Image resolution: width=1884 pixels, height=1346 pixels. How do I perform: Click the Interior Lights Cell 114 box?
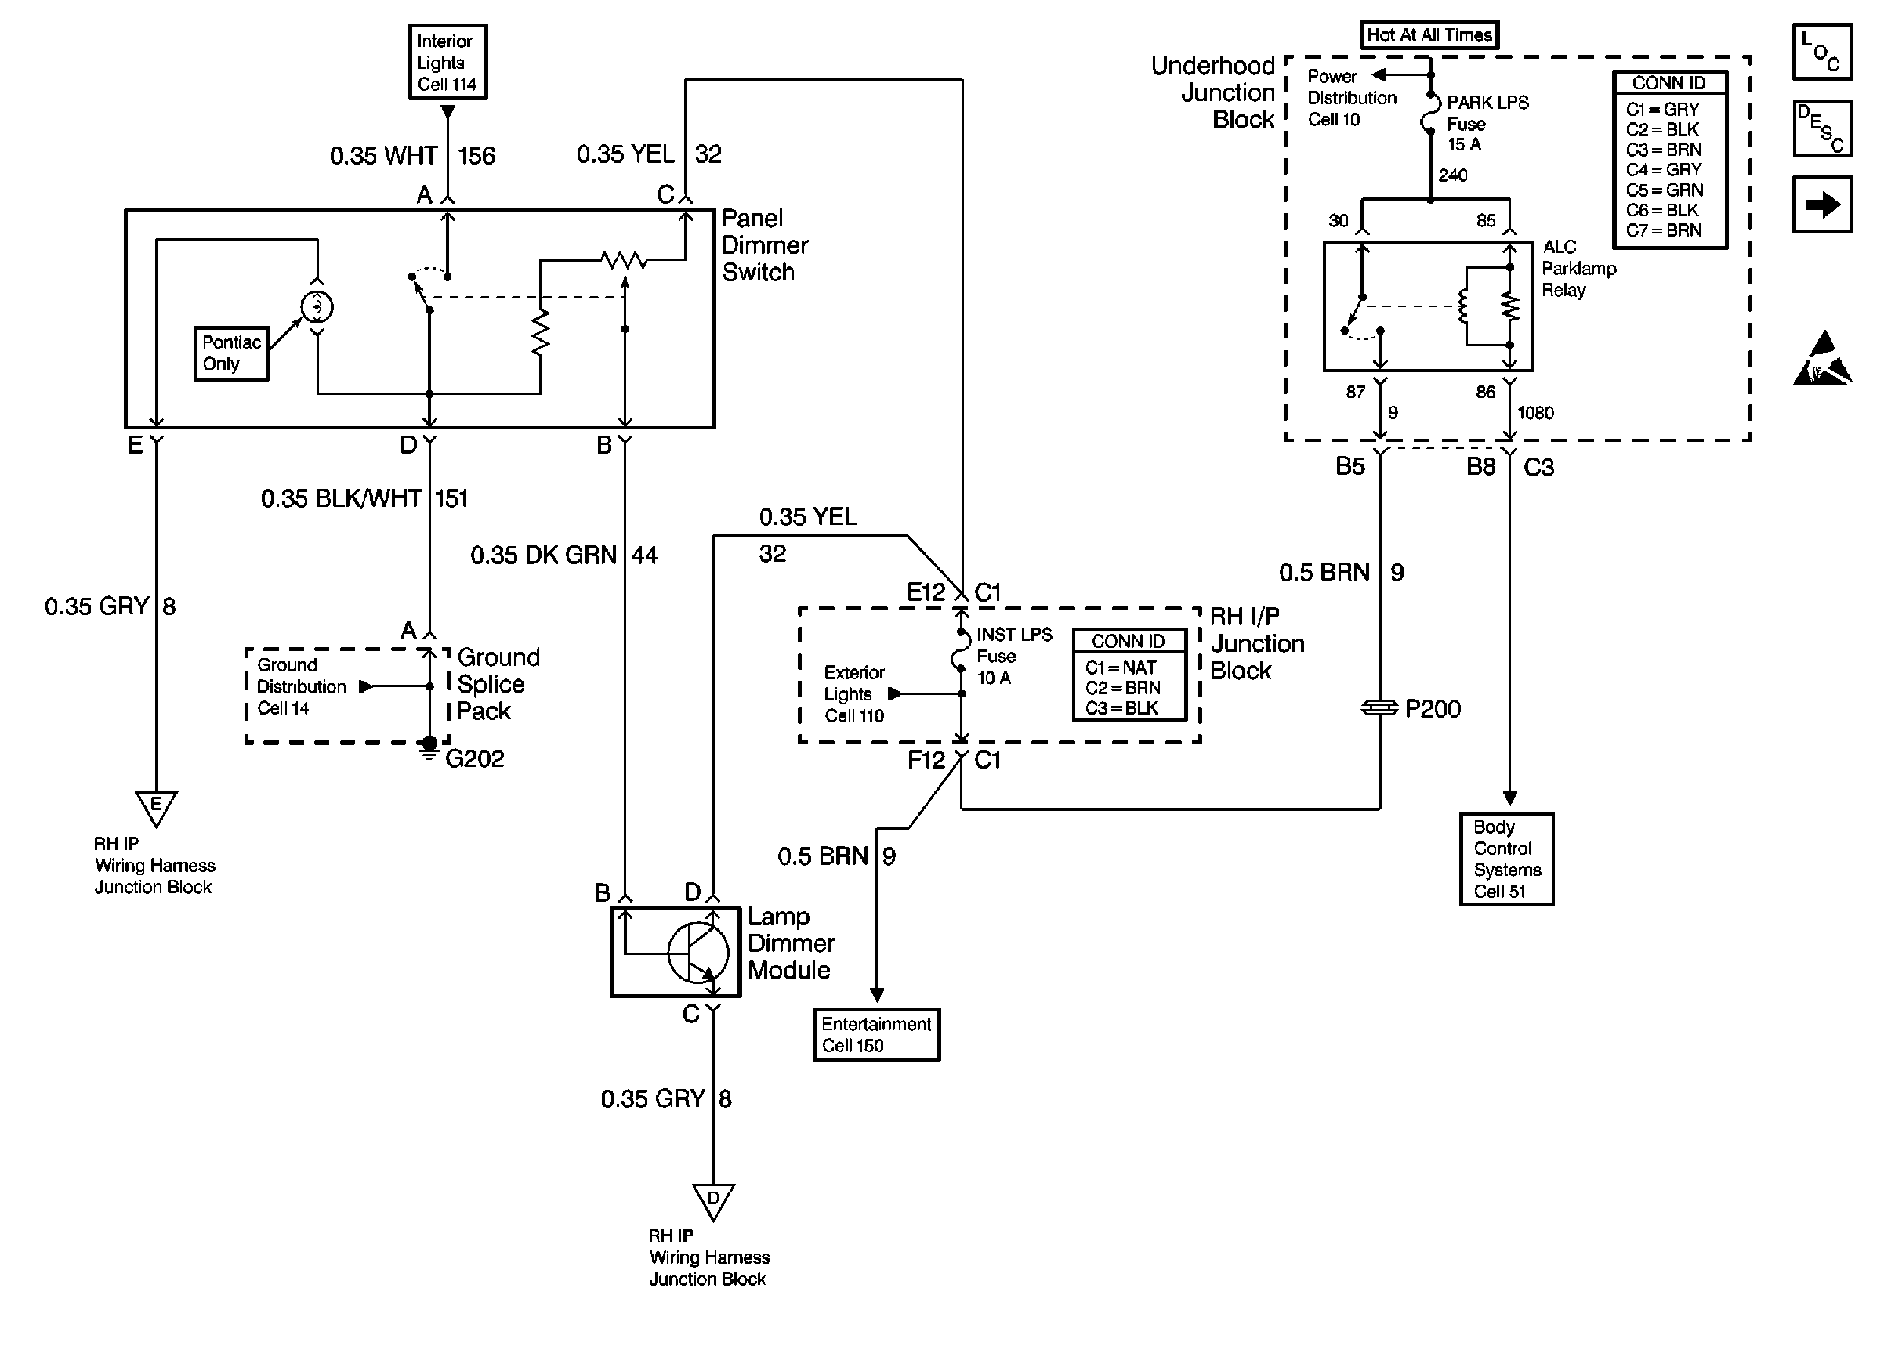(447, 62)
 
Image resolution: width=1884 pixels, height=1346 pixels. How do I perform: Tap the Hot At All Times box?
(1429, 34)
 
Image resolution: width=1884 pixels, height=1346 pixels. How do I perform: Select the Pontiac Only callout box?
(231, 353)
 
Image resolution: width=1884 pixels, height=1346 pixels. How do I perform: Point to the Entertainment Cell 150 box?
(876, 1034)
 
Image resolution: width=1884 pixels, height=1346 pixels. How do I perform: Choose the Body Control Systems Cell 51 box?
(1506, 859)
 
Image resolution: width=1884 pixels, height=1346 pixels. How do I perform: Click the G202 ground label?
(474, 758)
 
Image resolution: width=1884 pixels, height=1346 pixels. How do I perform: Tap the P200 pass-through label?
(1433, 708)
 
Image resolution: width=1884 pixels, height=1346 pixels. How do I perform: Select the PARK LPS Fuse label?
(1487, 123)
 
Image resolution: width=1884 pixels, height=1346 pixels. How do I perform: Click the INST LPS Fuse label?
(1013, 656)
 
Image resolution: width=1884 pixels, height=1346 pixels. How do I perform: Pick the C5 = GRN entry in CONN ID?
(1664, 190)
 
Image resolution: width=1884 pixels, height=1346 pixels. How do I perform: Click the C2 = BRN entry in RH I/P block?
(1122, 688)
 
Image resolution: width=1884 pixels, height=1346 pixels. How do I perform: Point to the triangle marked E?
(156, 806)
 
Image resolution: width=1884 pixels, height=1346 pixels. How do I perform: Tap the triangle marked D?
(713, 1199)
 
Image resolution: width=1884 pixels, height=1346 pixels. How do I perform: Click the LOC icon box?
(1822, 52)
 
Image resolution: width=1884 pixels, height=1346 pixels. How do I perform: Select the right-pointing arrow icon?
(1822, 204)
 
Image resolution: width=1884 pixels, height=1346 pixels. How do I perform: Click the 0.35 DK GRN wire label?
(543, 555)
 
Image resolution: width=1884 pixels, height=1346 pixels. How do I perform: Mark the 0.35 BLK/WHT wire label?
(341, 498)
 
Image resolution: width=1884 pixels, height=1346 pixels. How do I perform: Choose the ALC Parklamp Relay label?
(1578, 269)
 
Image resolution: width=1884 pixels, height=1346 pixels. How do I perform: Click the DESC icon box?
(1822, 128)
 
